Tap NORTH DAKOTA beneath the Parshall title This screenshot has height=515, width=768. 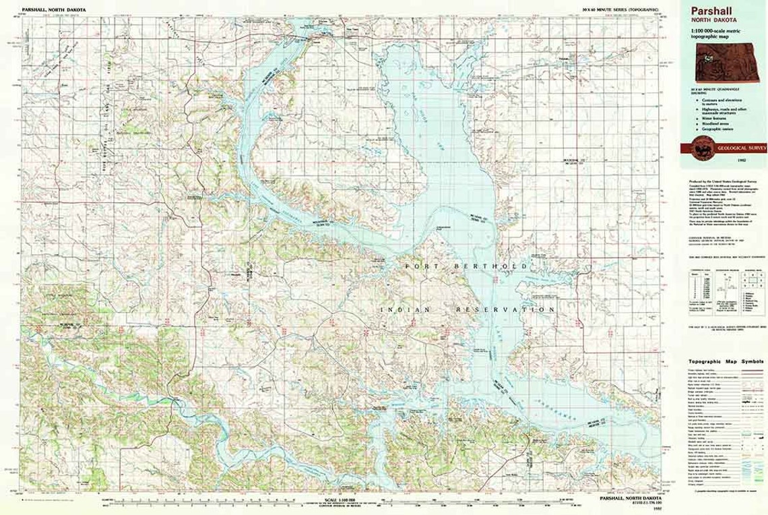click(708, 20)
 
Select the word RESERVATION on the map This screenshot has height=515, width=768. click(499, 309)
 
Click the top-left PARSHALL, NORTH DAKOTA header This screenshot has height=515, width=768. click(50, 9)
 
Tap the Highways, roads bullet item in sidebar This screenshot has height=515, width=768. click(721, 109)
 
